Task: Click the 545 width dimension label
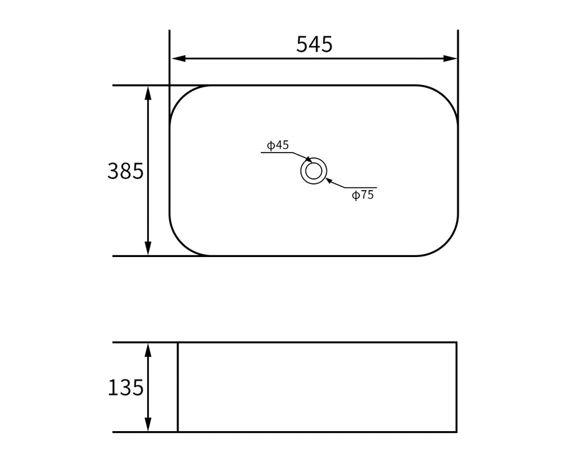point(314,45)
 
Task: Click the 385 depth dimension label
point(126,171)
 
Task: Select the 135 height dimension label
point(126,387)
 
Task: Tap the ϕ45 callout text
point(278,145)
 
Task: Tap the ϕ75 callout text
point(363,196)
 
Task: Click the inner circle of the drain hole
point(313,170)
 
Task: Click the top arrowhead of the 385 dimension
point(148,93)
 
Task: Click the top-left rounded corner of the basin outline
point(182,98)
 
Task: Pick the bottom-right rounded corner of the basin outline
point(446,244)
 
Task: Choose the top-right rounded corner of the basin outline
point(446,98)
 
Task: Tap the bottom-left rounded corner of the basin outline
point(182,244)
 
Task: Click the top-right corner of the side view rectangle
point(456,343)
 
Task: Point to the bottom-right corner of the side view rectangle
point(456,432)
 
